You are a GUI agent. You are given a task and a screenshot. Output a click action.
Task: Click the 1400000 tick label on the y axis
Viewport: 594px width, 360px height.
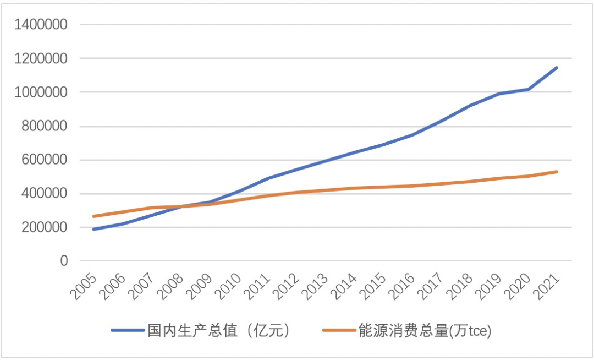[x=41, y=24]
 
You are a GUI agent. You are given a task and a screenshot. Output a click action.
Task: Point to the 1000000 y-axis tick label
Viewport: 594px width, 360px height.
[x=41, y=92]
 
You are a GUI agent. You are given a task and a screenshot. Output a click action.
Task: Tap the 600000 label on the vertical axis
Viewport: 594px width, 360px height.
[x=45, y=160]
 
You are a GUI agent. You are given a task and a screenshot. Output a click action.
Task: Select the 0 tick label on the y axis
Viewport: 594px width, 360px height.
[x=64, y=261]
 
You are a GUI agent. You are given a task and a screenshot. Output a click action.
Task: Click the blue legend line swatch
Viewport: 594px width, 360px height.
[x=128, y=331]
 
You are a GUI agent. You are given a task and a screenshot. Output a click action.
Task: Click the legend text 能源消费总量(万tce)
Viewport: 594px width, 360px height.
[x=424, y=331]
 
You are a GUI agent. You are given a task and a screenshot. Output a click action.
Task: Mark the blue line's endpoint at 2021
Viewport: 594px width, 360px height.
[x=557, y=68]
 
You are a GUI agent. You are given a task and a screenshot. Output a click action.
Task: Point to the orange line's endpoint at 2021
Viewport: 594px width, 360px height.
[x=557, y=172]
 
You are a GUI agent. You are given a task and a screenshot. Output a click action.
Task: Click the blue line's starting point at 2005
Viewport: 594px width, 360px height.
[x=94, y=229]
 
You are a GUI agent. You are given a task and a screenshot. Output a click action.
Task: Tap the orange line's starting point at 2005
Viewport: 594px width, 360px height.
[x=94, y=216]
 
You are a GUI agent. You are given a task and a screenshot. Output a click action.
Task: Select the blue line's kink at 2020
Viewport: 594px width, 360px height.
[x=528, y=89]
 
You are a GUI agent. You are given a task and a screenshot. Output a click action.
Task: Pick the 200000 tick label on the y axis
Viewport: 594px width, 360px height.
[x=45, y=227]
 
